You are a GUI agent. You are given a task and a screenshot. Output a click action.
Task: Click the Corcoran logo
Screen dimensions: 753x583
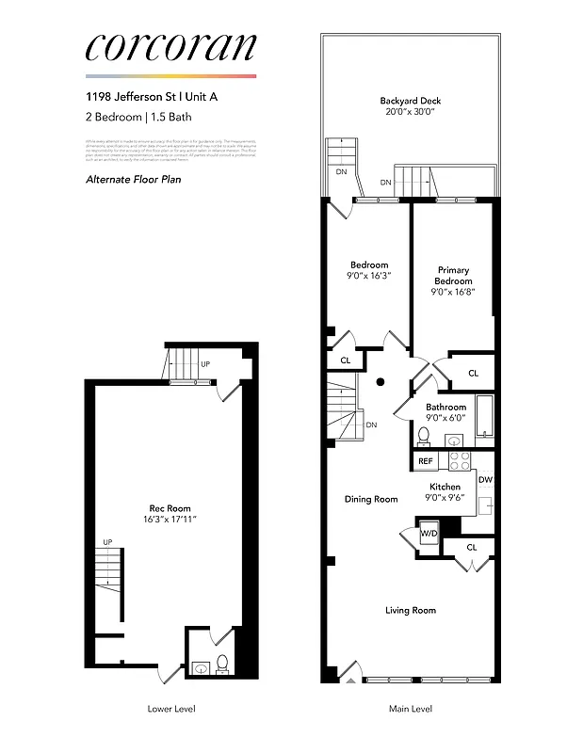[x=170, y=48]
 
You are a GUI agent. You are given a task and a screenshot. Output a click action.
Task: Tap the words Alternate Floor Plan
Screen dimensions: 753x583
[x=133, y=179]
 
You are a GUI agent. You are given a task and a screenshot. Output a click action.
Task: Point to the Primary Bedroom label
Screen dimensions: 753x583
[x=453, y=276]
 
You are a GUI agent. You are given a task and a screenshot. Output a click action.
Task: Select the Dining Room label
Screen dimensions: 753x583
[x=372, y=499]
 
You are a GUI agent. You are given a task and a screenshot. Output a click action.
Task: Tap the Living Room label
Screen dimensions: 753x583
[x=411, y=610]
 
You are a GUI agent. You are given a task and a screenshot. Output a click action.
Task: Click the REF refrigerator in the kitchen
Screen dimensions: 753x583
[x=426, y=461]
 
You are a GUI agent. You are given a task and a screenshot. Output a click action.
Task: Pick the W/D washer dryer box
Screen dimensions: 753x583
[x=429, y=534]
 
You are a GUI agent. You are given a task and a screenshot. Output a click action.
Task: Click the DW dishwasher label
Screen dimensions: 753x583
[x=485, y=480]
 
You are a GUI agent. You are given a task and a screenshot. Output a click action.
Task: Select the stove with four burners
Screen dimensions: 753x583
[x=459, y=460]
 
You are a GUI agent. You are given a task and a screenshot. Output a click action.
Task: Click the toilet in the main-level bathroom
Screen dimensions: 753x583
[x=424, y=436]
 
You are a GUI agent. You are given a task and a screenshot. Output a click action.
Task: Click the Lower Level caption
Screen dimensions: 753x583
[x=172, y=709]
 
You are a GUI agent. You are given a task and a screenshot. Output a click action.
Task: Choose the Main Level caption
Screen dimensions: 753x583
[x=411, y=709]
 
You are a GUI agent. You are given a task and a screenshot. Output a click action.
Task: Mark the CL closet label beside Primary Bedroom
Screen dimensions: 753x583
[x=473, y=374]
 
